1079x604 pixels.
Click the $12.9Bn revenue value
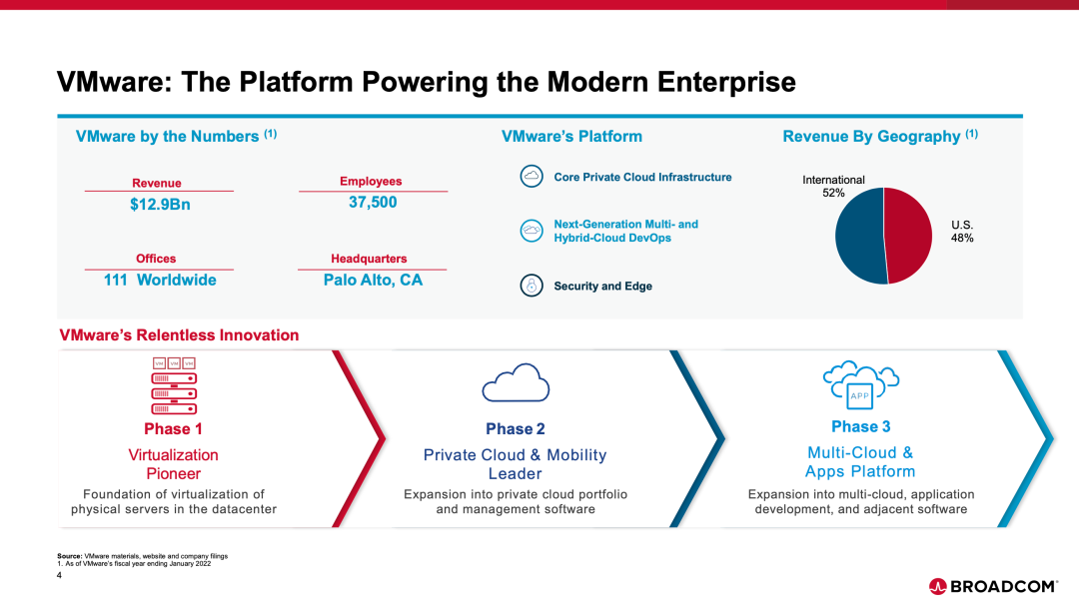point(160,205)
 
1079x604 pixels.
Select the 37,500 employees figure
point(373,203)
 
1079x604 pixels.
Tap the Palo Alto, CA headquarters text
point(373,280)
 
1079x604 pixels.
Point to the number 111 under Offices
point(116,280)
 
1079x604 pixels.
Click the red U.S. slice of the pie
point(908,234)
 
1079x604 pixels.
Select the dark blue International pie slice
point(859,237)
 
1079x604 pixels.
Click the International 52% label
point(833,186)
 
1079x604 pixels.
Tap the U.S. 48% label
point(962,232)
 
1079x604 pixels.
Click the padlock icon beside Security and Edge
point(532,285)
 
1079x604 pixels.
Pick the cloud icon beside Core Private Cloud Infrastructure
point(532,176)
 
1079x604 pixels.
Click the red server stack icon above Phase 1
point(174,385)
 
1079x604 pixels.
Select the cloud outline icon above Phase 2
point(517,382)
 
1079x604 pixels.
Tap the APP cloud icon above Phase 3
point(861,383)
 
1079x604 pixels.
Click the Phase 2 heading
point(516,429)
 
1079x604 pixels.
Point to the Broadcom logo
point(993,586)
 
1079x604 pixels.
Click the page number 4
point(59,575)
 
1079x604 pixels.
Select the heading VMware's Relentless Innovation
point(179,335)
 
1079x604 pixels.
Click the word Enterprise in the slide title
point(726,82)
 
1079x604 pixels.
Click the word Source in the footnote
point(70,556)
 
